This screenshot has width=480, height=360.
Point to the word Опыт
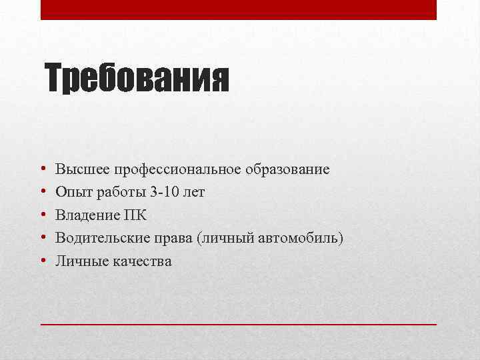point(70,193)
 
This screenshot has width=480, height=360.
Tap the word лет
point(194,193)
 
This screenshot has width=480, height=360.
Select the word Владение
point(87,215)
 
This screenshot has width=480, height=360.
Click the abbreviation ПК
point(135,215)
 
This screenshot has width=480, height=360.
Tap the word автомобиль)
point(299,239)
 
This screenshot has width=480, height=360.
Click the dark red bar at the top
point(239,9)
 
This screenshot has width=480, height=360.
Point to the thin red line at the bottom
point(239,323)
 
